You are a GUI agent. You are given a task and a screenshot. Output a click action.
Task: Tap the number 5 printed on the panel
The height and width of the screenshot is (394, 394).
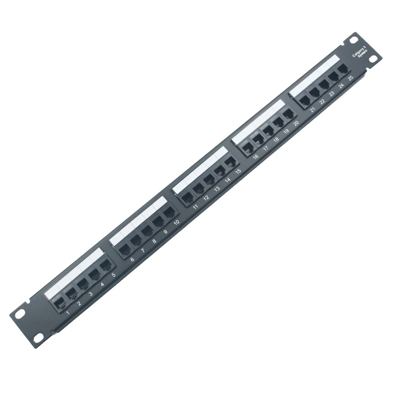pos(114,275)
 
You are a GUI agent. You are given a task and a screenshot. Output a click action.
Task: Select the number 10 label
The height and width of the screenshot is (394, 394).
pos(177,222)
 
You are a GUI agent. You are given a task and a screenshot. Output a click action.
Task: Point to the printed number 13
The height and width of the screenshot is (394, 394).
pos(217,189)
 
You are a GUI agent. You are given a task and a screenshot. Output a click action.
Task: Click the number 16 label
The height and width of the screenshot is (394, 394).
pos(256,157)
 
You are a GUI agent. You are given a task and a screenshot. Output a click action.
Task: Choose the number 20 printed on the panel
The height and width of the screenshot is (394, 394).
pos(296,123)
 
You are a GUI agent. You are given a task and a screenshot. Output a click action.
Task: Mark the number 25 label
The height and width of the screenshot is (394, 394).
pos(350,77)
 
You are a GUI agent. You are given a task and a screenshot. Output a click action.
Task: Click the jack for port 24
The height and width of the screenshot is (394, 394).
pos(334,74)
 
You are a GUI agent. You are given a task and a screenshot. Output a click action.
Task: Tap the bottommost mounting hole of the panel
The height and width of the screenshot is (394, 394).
pos(38,339)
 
